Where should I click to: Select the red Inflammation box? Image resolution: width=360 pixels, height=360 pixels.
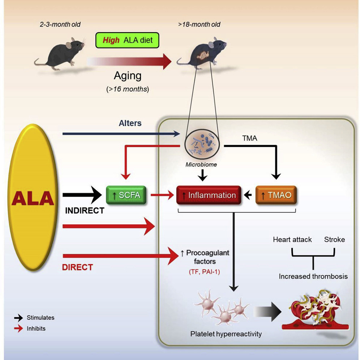[208, 196]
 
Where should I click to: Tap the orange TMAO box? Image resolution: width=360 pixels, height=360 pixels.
[276, 196]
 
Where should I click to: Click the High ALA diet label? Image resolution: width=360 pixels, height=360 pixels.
[127, 40]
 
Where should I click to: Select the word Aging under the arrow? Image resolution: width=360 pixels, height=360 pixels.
[128, 76]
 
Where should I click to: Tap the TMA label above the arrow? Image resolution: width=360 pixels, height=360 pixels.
[250, 138]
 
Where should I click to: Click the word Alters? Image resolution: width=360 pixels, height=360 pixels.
[130, 123]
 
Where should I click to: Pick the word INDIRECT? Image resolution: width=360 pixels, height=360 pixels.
[85, 211]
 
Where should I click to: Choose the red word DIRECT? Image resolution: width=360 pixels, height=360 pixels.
[77, 267]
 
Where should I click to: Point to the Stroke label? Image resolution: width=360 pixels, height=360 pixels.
[334, 240]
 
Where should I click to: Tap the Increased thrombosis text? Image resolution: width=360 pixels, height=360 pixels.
[313, 277]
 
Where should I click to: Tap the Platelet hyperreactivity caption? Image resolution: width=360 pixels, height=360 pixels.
[226, 334]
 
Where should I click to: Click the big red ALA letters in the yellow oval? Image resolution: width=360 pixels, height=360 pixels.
[33, 199]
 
